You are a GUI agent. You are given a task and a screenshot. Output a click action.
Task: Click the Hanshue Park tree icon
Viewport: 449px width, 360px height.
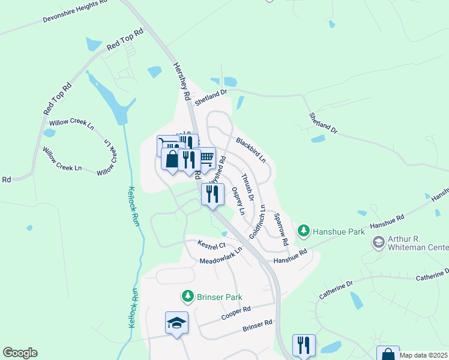coord(304,230)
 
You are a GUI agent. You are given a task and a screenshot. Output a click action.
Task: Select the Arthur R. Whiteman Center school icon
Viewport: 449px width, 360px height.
coord(378,242)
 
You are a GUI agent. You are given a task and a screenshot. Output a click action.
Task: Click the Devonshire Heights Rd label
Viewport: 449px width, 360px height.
coord(75,11)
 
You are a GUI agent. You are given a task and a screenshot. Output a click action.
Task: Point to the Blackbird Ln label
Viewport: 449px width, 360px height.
coord(251,150)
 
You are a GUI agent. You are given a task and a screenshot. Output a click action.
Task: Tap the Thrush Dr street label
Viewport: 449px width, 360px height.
coord(247,187)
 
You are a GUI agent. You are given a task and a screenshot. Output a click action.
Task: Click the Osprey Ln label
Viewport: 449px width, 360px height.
coord(238,201)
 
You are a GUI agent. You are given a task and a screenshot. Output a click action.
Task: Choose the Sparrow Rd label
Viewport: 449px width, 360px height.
coord(281,228)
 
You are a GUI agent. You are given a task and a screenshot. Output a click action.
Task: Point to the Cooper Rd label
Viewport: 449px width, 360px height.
coord(235,313)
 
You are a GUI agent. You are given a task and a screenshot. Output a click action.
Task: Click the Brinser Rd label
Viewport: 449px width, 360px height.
coord(257,326)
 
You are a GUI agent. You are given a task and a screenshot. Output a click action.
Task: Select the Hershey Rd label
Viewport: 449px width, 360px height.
coord(181,80)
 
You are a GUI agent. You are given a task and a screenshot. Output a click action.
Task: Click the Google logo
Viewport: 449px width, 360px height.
coord(20,353)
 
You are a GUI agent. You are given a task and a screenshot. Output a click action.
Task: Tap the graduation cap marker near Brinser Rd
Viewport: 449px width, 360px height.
coord(177,323)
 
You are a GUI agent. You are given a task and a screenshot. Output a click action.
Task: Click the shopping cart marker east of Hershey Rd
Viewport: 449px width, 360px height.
coord(206,158)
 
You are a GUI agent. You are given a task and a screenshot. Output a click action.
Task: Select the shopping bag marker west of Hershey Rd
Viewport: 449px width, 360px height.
coord(172,160)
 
